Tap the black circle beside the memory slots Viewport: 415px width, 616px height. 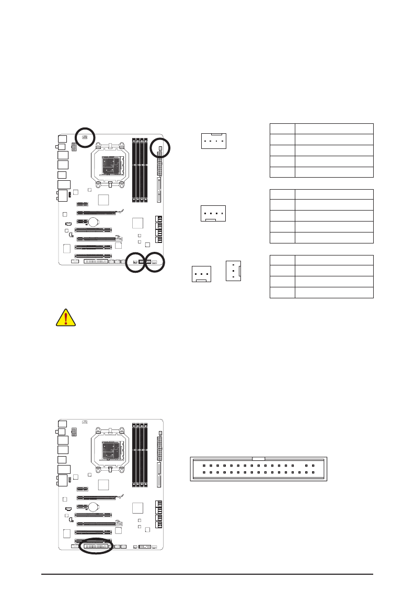[160, 148]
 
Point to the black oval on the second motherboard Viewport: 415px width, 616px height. [96, 547]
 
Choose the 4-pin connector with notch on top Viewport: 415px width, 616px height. [214, 141]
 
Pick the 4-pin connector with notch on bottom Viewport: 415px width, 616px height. [214, 214]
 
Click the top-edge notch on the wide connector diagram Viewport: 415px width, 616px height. [259, 458]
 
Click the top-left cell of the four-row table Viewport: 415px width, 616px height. [282, 260]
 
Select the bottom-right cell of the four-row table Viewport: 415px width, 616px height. [334, 293]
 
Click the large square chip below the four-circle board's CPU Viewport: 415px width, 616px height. [104, 200]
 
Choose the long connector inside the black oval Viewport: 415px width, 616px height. [96, 547]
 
